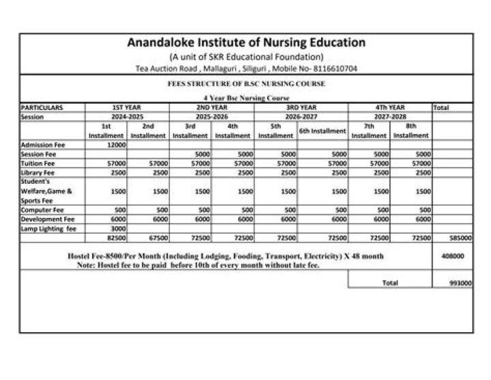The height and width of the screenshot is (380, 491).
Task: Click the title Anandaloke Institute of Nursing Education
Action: [246, 42]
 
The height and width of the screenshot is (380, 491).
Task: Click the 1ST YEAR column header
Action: [126, 107]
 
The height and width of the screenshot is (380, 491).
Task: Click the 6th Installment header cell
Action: [323, 131]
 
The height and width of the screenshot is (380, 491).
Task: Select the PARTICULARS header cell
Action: [42, 107]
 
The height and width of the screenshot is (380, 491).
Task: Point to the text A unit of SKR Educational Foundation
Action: [246, 57]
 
